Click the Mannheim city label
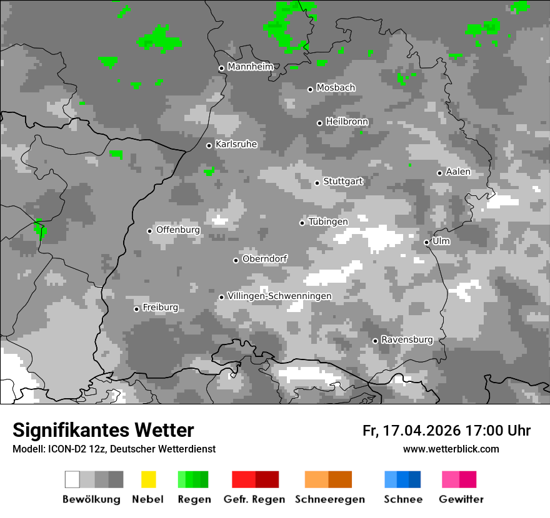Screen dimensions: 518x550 pos(250,67)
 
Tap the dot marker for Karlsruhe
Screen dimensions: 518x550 pos(209,145)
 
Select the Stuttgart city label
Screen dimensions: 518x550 pos(342,182)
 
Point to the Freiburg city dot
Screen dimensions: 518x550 pos(136,309)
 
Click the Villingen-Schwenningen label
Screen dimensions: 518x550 pos(279,296)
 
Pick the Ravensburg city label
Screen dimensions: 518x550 pos(407,340)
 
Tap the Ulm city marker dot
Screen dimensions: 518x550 pos(426,242)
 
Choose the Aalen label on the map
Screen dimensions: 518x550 pos(458,172)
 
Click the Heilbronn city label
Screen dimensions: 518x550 pos(347,122)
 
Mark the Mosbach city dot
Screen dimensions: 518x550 pos(310,89)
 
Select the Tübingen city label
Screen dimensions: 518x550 pos(328,222)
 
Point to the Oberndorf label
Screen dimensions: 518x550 pos(265,259)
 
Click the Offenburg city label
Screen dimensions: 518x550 pos(178,230)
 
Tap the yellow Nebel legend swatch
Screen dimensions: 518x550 pos(149,479)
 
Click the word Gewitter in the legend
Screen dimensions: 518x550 pos(461,499)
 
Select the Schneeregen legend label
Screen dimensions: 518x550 pos(331,499)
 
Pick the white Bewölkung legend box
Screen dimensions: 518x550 pos(72,479)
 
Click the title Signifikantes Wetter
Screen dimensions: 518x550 pos(103,431)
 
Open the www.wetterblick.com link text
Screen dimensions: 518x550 pos(451,449)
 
